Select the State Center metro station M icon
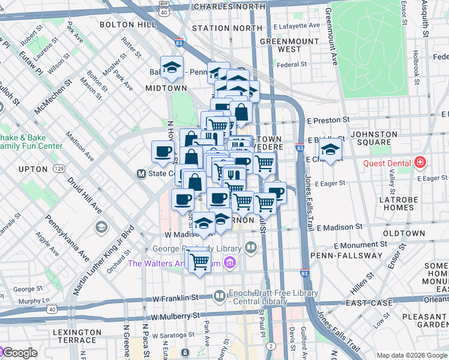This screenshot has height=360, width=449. [x=142, y=174]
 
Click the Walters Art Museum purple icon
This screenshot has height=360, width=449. [x=229, y=263]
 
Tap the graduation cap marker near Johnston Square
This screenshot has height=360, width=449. [x=330, y=149]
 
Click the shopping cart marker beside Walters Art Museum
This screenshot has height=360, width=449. [x=199, y=260]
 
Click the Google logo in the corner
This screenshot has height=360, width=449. [x=19, y=353]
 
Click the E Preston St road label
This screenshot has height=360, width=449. [x=329, y=120]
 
